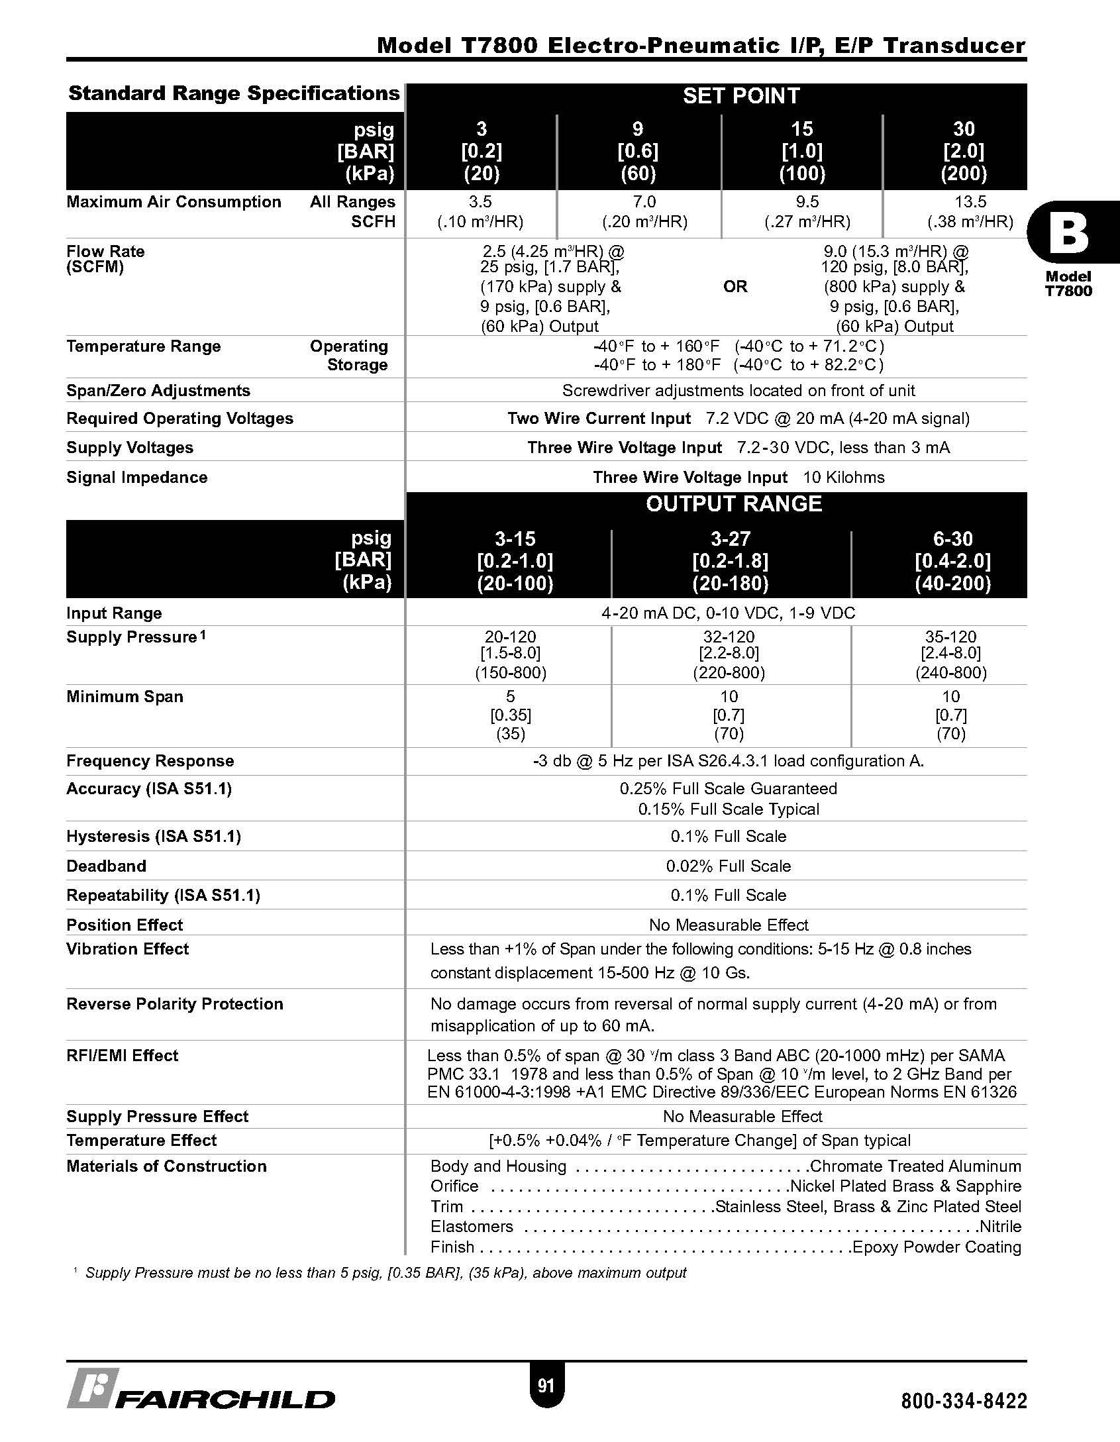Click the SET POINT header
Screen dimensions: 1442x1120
[741, 96]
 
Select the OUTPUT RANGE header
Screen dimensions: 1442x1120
[734, 504]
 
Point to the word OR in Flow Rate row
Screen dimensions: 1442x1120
[735, 287]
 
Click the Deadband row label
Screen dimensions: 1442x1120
[107, 866]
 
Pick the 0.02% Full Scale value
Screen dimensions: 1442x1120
[729, 866]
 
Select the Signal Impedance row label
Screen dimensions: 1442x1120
[137, 478]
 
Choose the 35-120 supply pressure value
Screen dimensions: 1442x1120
[950, 637]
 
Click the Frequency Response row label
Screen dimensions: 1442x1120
[150, 761]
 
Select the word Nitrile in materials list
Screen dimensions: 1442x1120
[1000, 1227]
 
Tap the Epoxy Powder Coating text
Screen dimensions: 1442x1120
[937, 1247]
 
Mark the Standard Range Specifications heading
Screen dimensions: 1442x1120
[234, 93]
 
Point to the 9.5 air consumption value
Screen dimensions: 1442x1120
[807, 202]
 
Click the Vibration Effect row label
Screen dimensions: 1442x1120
[128, 949]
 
